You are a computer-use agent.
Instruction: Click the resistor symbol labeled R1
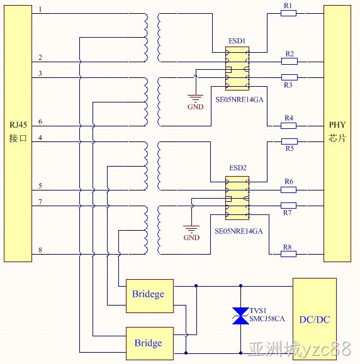pos(288,13)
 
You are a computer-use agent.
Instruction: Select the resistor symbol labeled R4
pos(288,126)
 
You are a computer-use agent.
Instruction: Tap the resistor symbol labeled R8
pos(288,254)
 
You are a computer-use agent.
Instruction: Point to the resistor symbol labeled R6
pos(288,190)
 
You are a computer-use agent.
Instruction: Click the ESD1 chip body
pos(237,69)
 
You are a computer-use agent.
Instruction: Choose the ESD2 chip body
pos(237,198)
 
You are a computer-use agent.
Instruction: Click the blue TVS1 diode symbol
pos(240,316)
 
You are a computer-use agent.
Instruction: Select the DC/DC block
pos(315,319)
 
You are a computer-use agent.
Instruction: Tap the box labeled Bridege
pos(150,296)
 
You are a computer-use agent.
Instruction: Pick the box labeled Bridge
pos(150,344)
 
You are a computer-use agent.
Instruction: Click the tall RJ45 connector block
pos(18,133)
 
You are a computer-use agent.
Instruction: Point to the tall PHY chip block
pos(337,133)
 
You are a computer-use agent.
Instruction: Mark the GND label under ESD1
pos(196,107)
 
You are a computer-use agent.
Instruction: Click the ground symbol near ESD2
pos(191,229)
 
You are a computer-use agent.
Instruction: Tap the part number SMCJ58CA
pos(267,319)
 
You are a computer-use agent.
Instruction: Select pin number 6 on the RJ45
pos(40,121)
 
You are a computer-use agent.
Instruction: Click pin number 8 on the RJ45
pos(40,250)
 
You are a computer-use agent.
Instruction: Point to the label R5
pos(290,148)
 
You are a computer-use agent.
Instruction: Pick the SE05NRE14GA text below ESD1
pos(239,99)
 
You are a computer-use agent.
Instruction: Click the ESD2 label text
pos(238,168)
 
